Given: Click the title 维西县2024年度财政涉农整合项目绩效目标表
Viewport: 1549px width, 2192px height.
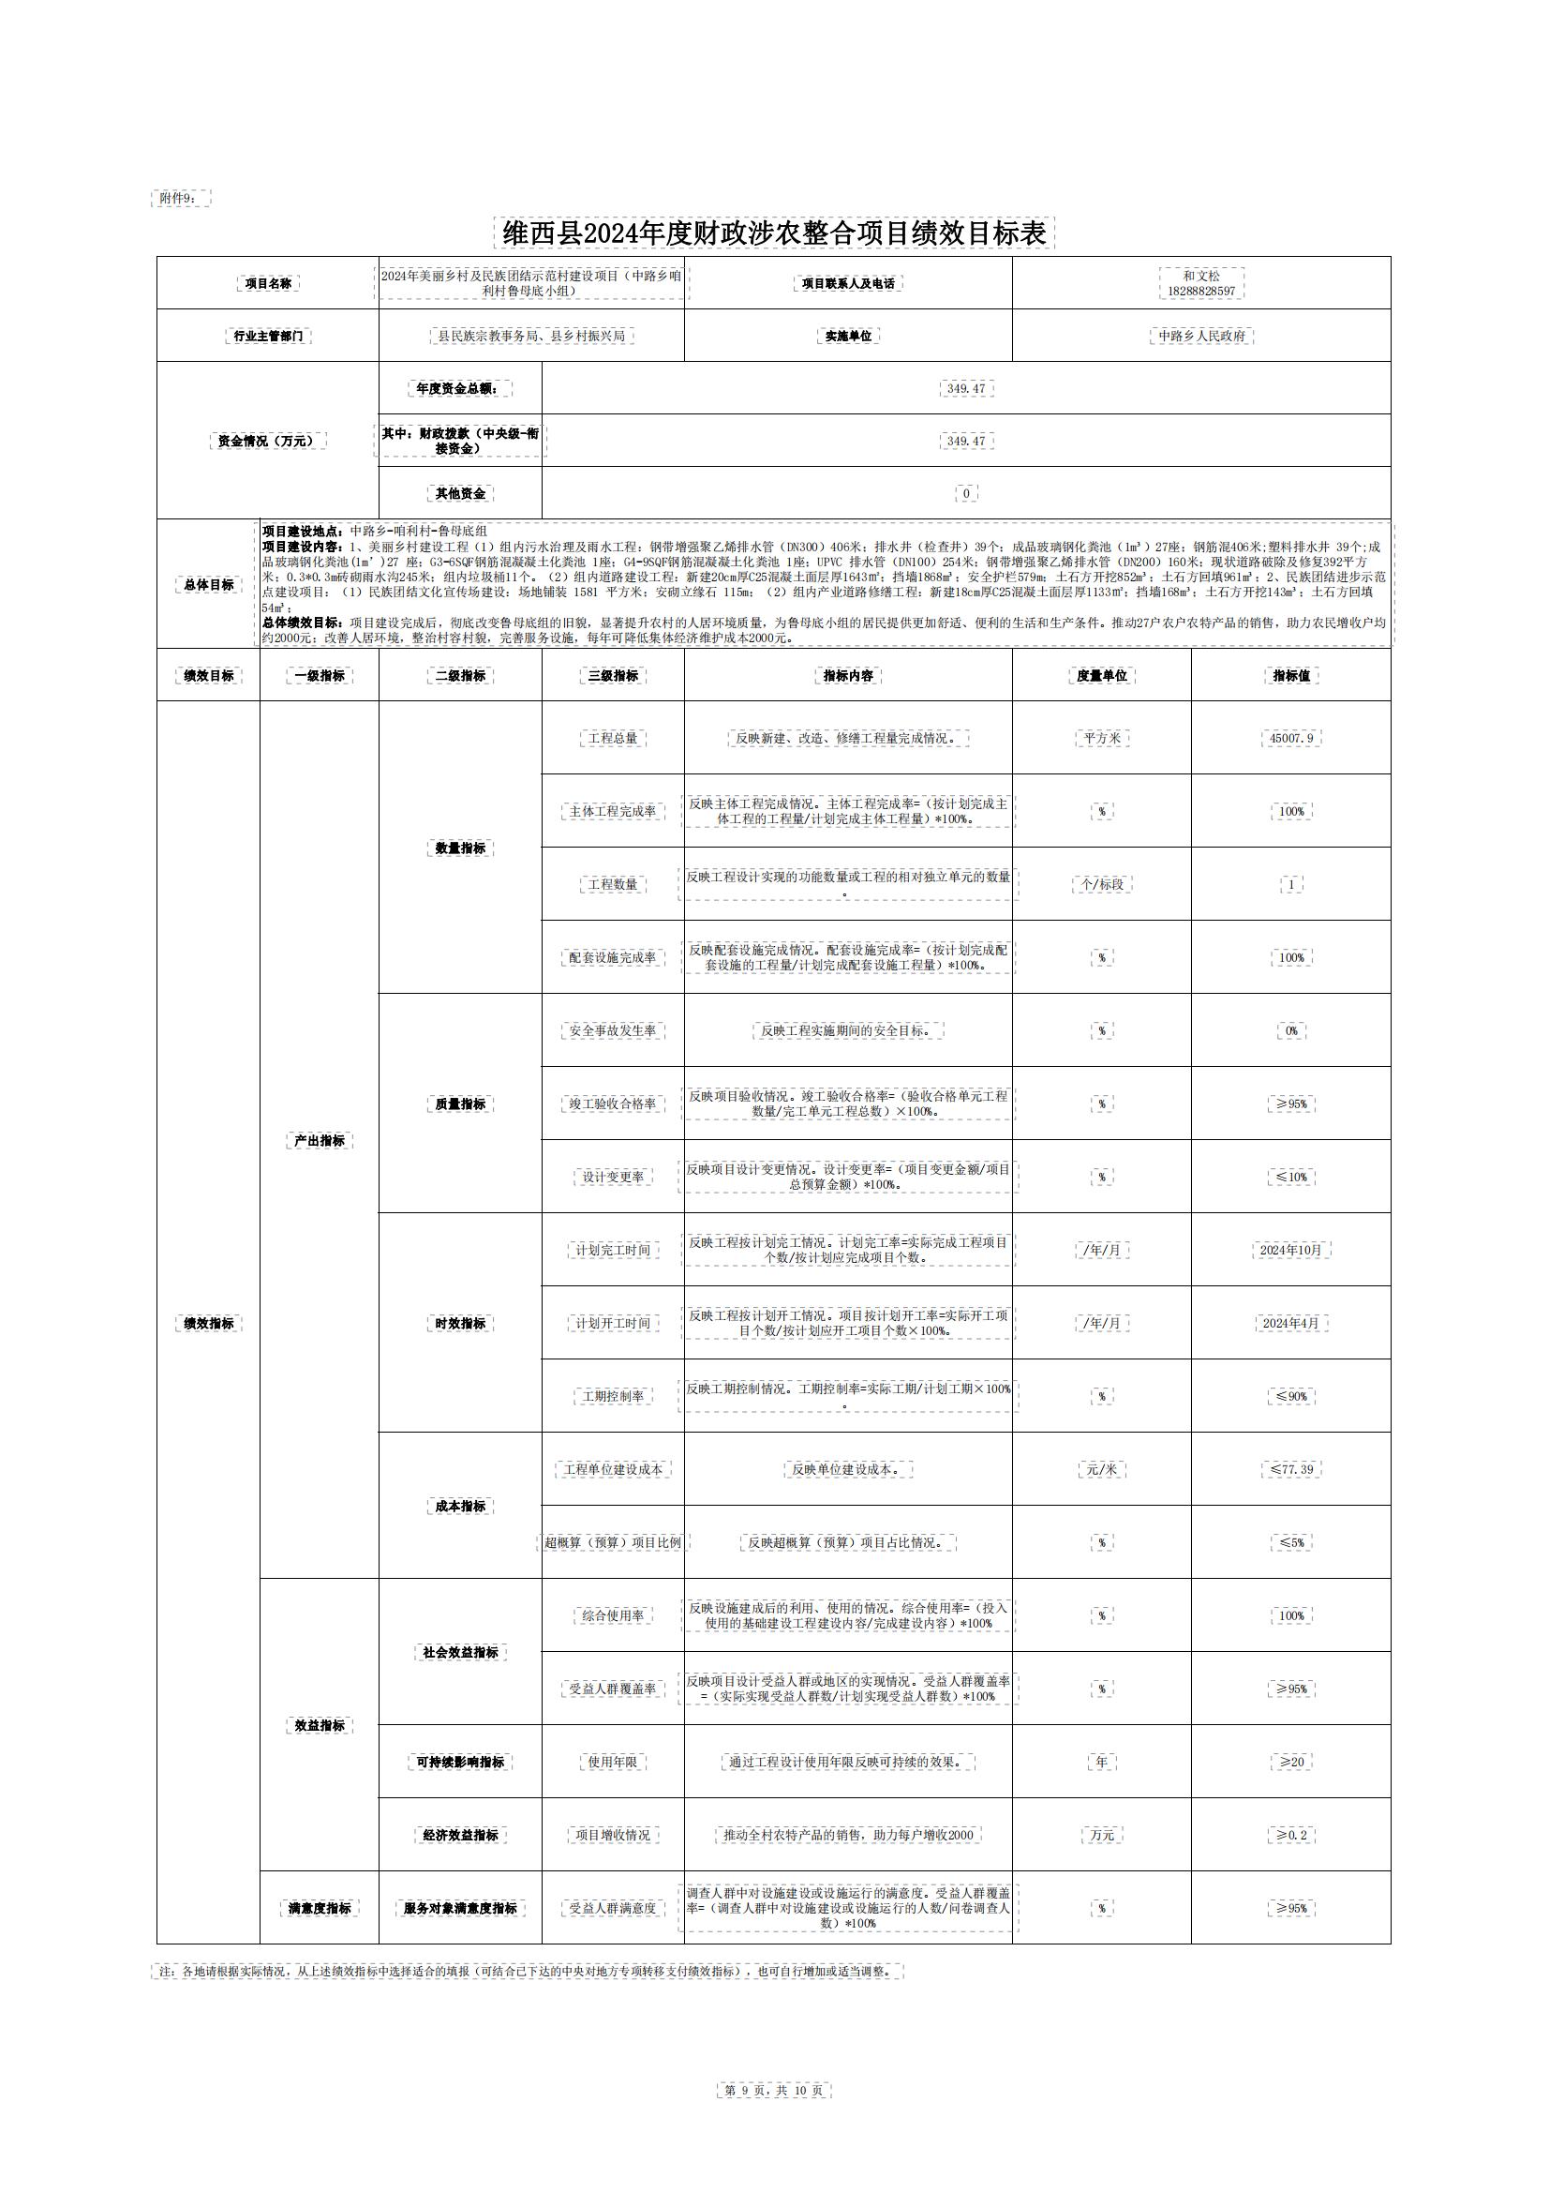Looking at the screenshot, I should (x=774, y=233).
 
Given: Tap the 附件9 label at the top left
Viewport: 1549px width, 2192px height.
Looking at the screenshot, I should (x=179, y=199).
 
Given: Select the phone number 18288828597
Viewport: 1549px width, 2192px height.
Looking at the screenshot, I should (x=1200, y=292).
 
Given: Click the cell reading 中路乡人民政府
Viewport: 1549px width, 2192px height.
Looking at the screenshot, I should (x=1200, y=336).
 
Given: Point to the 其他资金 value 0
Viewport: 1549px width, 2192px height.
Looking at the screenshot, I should (x=966, y=493).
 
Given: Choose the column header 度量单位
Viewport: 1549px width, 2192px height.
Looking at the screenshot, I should (x=1101, y=676).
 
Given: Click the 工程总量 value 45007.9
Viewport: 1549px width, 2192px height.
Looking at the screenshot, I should (x=1290, y=738).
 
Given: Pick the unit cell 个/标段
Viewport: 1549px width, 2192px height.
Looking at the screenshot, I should (x=1101, y=884).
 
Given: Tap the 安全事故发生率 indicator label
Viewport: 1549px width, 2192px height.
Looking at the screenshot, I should (x=613, y=1031).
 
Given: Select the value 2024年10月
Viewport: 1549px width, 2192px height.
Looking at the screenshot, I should (x=1290, y=1250).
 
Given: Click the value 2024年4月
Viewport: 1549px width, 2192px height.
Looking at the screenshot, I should (x=1290, y=1323).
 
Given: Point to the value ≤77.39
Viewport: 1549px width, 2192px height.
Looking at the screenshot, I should (x=1290, y=1469).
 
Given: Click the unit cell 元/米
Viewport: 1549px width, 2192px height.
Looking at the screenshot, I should (x=1101, y=1469).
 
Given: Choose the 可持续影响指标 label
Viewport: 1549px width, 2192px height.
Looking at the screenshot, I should (x=460, y=1762).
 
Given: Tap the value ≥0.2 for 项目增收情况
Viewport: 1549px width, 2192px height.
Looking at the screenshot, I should (x=1290, y=1835).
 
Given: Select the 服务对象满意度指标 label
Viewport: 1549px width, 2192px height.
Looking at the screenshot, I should (x=460, y=1909).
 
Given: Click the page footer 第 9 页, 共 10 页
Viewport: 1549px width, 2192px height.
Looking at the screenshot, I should (x=774, y=2091).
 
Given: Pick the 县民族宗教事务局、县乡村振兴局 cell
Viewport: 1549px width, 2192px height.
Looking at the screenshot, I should (x=531, y=336).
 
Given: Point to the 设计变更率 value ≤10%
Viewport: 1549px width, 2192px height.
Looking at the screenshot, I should (x=1290, y=1178).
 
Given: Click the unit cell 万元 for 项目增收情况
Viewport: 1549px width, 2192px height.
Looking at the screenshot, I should (x=1101, y=1835).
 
